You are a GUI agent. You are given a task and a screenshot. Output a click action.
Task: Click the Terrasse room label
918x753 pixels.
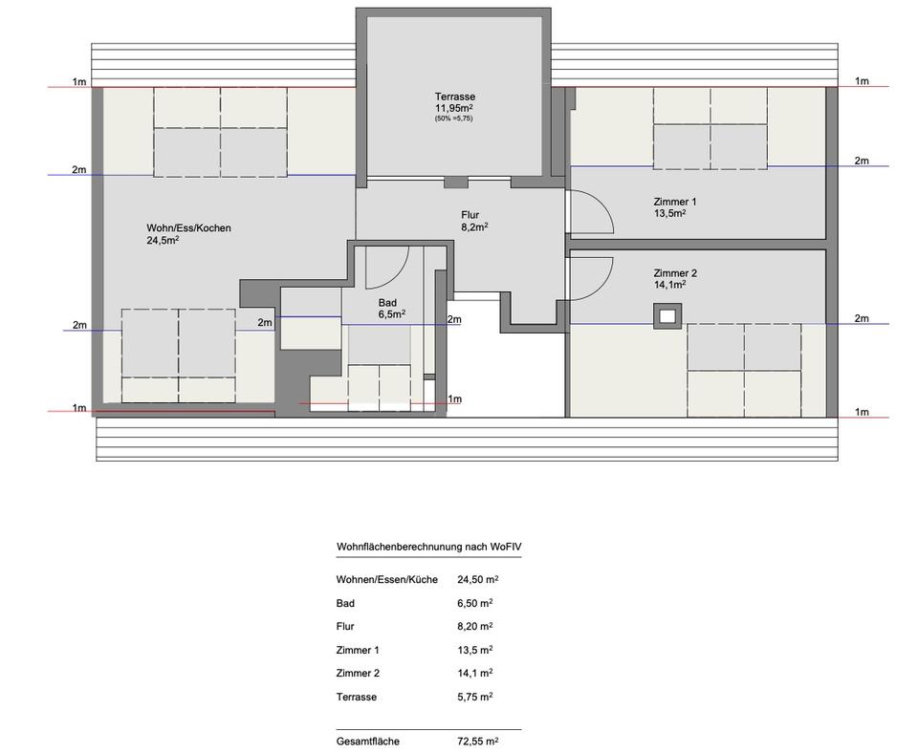click(x=455, y=97)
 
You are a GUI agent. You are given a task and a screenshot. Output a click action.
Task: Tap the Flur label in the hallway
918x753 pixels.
click(x=470, y=215)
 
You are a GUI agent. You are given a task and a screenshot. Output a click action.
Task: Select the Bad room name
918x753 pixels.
click(x=387, y=303)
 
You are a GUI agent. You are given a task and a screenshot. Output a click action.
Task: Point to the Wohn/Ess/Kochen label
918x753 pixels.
click(x=188, y=228)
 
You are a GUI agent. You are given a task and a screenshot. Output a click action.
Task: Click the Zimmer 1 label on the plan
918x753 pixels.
click(x=675, y=202)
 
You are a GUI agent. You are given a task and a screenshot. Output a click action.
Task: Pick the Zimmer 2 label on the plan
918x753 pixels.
click(x=675, y=273)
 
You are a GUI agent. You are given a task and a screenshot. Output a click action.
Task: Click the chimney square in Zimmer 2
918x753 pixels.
click(x=667, y=316)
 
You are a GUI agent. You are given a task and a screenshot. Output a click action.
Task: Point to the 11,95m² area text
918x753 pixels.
click(x=453, y=108)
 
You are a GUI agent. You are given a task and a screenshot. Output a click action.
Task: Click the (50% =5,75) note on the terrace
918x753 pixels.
click(x=453, y=118)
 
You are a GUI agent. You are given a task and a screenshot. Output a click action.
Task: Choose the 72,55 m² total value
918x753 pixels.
click(x=478, y=742)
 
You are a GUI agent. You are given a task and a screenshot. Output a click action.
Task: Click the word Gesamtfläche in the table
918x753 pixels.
click(x=367, y=742)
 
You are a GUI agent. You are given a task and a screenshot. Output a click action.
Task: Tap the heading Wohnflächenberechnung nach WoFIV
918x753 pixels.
click(x=428, y=547)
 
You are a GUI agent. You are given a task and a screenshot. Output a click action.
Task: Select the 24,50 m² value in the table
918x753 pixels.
click(x=478, y=580)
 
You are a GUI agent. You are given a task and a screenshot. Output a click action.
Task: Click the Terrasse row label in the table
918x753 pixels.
click(x=357, y=697)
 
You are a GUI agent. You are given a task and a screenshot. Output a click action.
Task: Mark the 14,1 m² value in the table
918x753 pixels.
click(x=475, y=674)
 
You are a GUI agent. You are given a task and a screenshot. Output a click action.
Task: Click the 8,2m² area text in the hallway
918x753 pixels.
click(x=475, y=226)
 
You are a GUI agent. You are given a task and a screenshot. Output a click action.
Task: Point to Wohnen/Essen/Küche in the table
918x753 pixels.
click(x=387, y=580)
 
